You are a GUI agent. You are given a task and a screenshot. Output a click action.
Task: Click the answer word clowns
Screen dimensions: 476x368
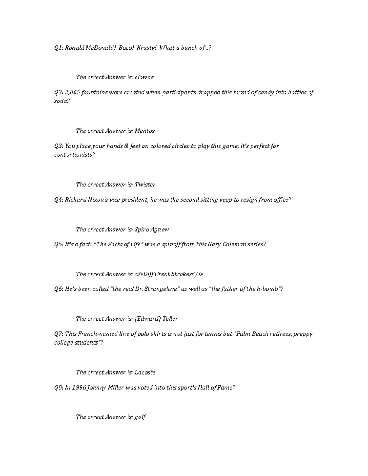pos(144,77)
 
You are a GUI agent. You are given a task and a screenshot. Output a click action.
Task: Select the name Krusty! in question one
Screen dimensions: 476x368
pos(147,48)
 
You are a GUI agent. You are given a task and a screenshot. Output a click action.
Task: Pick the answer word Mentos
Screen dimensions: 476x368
pos(145,131)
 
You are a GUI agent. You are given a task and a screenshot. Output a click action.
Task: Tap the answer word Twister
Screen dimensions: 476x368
pos(145,185)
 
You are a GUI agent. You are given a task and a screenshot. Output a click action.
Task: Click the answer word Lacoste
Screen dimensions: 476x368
pos(145,372)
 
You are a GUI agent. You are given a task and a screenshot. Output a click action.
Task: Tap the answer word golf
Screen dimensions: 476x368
pos(140,417)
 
